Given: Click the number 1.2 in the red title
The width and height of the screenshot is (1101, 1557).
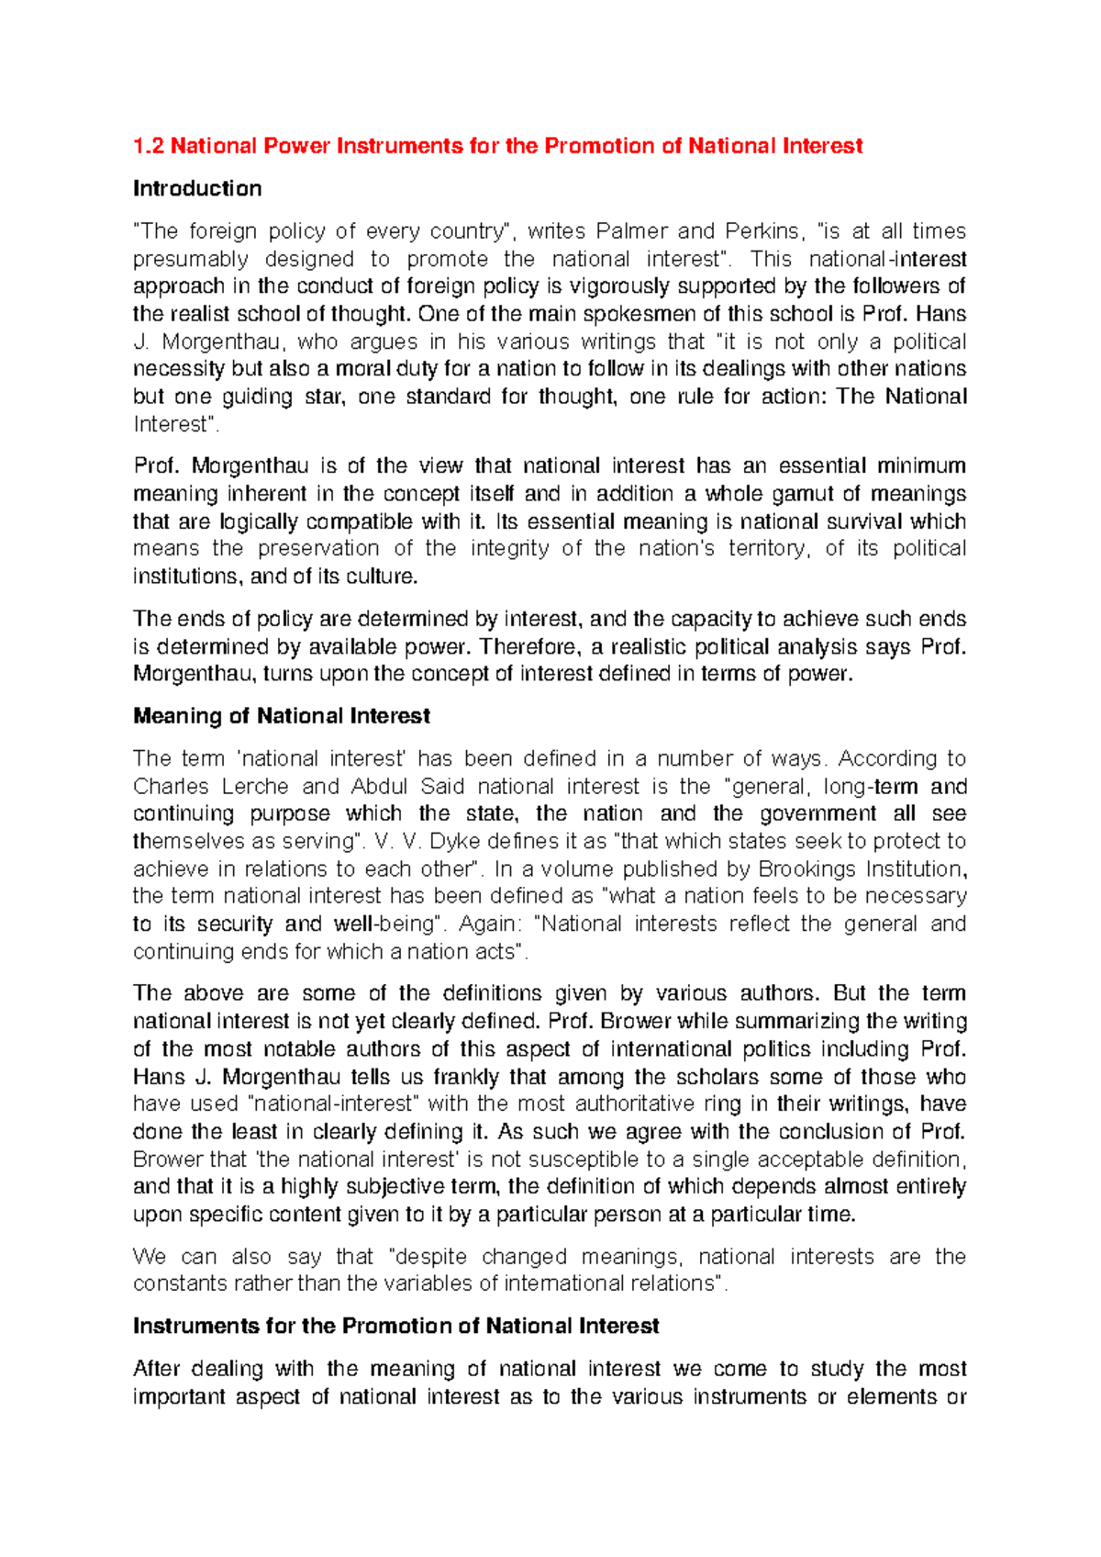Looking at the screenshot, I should point(149,146).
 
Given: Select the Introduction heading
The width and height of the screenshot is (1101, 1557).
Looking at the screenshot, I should point(197,188).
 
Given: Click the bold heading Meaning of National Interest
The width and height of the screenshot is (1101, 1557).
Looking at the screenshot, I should point(282,716).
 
